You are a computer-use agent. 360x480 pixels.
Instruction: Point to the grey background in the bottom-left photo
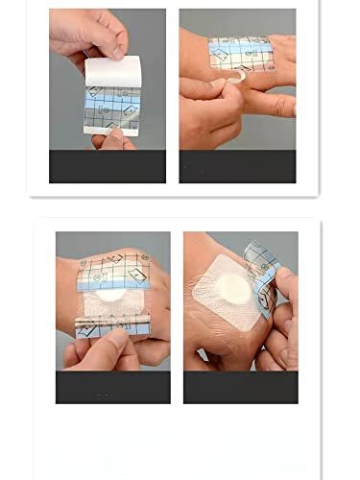(x=72, y=245)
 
